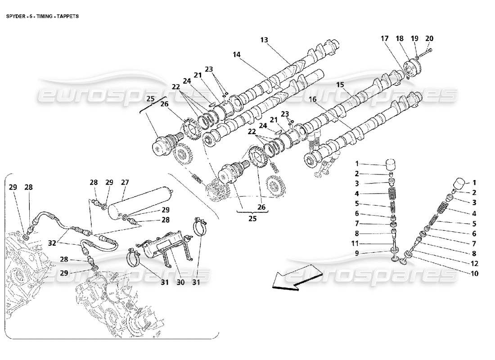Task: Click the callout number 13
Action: (264, 40)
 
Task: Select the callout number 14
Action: (237, 54)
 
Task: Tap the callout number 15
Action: (340, 84)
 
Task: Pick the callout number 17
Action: (384, 38)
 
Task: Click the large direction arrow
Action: (297, 277)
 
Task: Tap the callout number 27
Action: (125, 182)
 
